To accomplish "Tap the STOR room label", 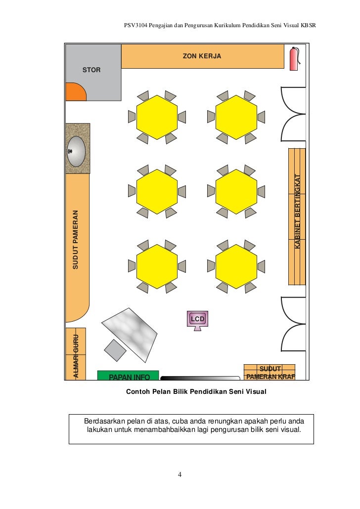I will pos(91,70).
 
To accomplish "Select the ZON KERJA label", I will pos(202,56).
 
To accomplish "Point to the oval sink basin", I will pos(77,151).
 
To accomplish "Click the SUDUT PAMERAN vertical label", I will pos(76,240).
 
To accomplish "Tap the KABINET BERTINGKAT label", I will pos(298,212).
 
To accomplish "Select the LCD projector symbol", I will pos(198,319).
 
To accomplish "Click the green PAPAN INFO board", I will pos(129,377).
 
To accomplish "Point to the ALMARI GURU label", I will pos(76,356).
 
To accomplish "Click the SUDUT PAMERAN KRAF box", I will pos(270,373).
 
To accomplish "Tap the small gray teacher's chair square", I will pos(116,350).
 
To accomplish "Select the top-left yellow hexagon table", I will pos(157,117).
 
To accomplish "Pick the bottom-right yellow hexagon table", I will pos(236,266).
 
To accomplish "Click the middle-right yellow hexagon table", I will pos(236,191).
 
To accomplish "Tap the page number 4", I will pos(180,475).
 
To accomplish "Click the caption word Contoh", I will pos(139,392).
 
